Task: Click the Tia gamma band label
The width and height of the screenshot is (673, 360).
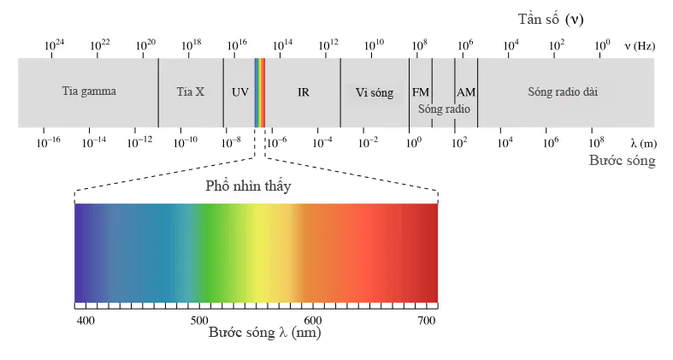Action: click(x=88, y=91)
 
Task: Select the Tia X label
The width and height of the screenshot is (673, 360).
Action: click(x=190, y=91)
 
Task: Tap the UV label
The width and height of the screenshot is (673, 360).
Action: click(x=239, y=91)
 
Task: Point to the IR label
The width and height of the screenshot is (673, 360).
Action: click(x=303, y=91)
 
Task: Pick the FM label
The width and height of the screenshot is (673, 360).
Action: click(x=421, y=91)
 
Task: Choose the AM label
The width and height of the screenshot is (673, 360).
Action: click(x=466, y=91)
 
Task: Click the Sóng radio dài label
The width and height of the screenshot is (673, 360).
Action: click(x=562, y=91)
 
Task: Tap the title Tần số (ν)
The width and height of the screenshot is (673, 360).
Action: click(x=551, y=18)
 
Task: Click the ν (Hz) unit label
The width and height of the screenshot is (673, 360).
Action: click(x=639, y=45)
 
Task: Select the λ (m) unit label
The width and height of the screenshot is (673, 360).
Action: click(x=642, y=143)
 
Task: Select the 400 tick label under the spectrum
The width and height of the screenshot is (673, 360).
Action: click(x=85, y=320)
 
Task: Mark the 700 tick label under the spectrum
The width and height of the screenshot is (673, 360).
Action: click(x=426, y=320)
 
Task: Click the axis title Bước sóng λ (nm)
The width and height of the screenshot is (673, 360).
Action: click(x=264, y=333)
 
